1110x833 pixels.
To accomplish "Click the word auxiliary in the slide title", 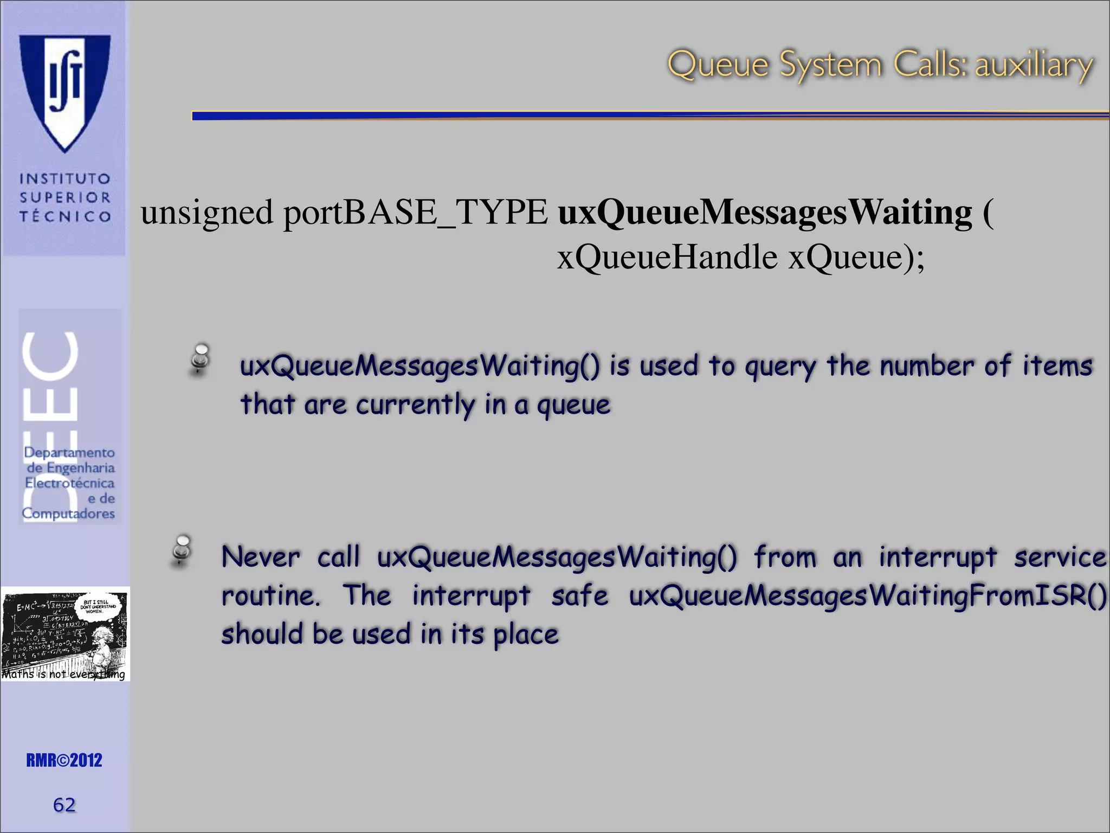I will pos(1034,65).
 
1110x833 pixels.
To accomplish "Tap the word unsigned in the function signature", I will pos(206,212).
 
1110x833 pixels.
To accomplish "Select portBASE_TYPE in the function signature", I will pos(415,212).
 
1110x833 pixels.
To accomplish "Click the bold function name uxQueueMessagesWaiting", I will pos(765,212).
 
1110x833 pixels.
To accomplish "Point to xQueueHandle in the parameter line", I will pos(667,257).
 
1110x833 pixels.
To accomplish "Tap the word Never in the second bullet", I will pos(261,557).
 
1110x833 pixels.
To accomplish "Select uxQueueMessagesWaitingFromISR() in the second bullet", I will pos(868,596).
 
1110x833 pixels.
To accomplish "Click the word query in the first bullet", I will pos(780,367).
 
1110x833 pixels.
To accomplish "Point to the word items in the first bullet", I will pos(1057,366).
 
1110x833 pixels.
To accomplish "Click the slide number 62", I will pos(64,805).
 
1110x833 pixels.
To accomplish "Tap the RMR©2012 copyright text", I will pos(64,760).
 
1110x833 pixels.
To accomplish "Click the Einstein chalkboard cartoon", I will pos(65,633).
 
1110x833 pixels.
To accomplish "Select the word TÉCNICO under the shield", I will pos(65,216).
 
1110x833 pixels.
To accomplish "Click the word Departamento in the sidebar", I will pos(69,452).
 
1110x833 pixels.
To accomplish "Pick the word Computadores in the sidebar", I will pos(68,514).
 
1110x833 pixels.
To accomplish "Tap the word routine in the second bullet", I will pos(270,596).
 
